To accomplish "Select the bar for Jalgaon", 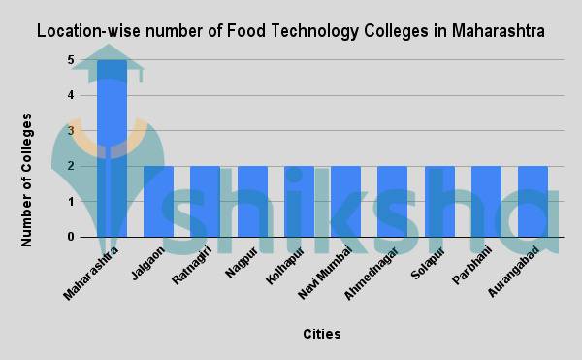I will click(x=159, y=202).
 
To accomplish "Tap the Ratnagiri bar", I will click(x=206, y=202).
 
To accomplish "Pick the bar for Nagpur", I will click(x=252, y=202).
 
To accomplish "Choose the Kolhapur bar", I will click(x=299, y=202).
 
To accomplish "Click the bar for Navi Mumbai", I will click(x=345, y=202).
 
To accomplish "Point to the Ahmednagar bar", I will click(x=393, y=202).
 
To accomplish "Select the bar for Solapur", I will click(x=439, y=202).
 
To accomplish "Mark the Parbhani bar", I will click(x=486, y=202).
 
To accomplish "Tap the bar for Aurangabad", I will click(x=533, y=202).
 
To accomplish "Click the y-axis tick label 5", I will click(x=71, y=60).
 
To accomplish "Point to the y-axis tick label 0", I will click(x=71, y=237).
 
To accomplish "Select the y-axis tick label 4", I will click(x=71, y=95).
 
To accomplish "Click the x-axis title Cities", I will click(x=321, y=334).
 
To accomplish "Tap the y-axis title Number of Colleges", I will click(x=28, y=180).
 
